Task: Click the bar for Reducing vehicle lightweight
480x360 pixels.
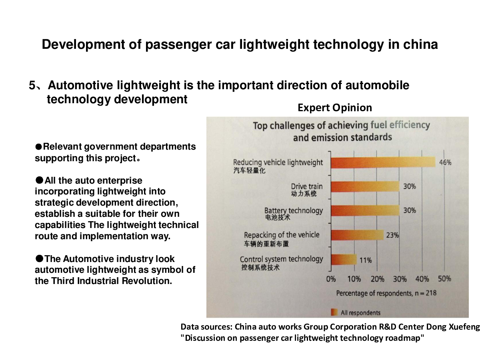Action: click(x=383, y=162)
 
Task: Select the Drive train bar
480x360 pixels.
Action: click(x=365, y=186)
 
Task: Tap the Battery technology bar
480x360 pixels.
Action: click(x=365, y=210)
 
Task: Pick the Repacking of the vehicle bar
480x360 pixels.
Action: click(x=357, y=235)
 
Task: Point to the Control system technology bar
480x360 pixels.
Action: click(x=344, y=260)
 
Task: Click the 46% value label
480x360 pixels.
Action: click(x=445, y=162)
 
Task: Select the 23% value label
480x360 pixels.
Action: click(x=392, y=235)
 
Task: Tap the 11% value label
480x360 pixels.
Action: click(x=365, y=260)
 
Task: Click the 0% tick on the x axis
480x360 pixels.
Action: click(x=331, y=279)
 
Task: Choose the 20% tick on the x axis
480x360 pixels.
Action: click(x=377, y=279)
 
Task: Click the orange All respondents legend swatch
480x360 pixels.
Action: click(x=334, y=312)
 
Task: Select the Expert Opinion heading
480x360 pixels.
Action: click(x=335, y=108)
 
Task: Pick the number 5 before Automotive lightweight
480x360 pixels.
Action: click(x=32, y=86)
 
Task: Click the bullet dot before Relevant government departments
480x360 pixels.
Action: click(x=38, y=147)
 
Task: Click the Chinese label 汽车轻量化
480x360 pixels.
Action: click(x=249, y=171)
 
